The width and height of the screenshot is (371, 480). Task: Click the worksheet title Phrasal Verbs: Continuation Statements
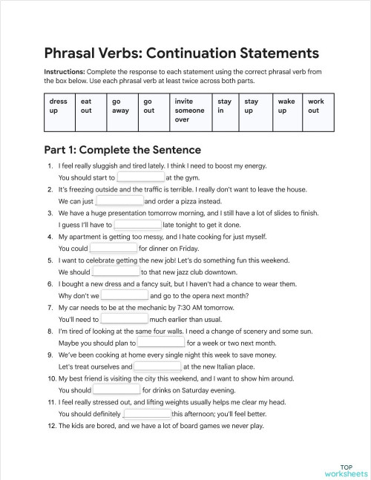coord(182,53)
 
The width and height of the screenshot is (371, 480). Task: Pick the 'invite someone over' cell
coord(189,110)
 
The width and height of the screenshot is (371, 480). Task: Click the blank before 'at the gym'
coord(140,178)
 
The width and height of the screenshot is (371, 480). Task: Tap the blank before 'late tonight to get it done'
coord(137,225)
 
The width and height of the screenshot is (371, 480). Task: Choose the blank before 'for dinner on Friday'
coord(114,249)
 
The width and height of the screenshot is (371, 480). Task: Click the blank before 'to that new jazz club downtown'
coord(116,272)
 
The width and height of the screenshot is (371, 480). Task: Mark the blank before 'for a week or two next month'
coord(161,343)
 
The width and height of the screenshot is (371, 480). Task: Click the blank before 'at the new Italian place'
coord(157,366)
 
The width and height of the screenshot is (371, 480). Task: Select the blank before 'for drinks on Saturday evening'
coord(116,390)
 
